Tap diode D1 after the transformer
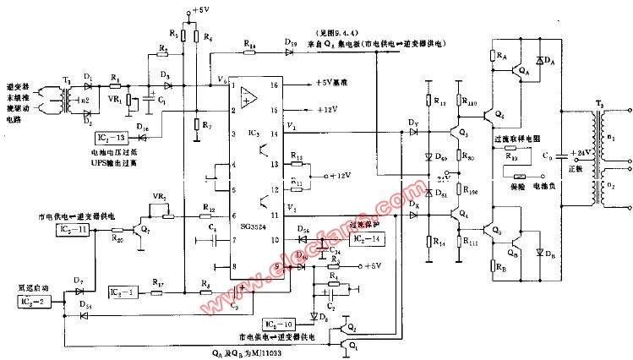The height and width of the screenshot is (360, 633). pos(90,84)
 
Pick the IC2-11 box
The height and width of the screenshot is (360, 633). pos(74,230)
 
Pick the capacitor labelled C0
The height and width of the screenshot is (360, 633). pos(548,156)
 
